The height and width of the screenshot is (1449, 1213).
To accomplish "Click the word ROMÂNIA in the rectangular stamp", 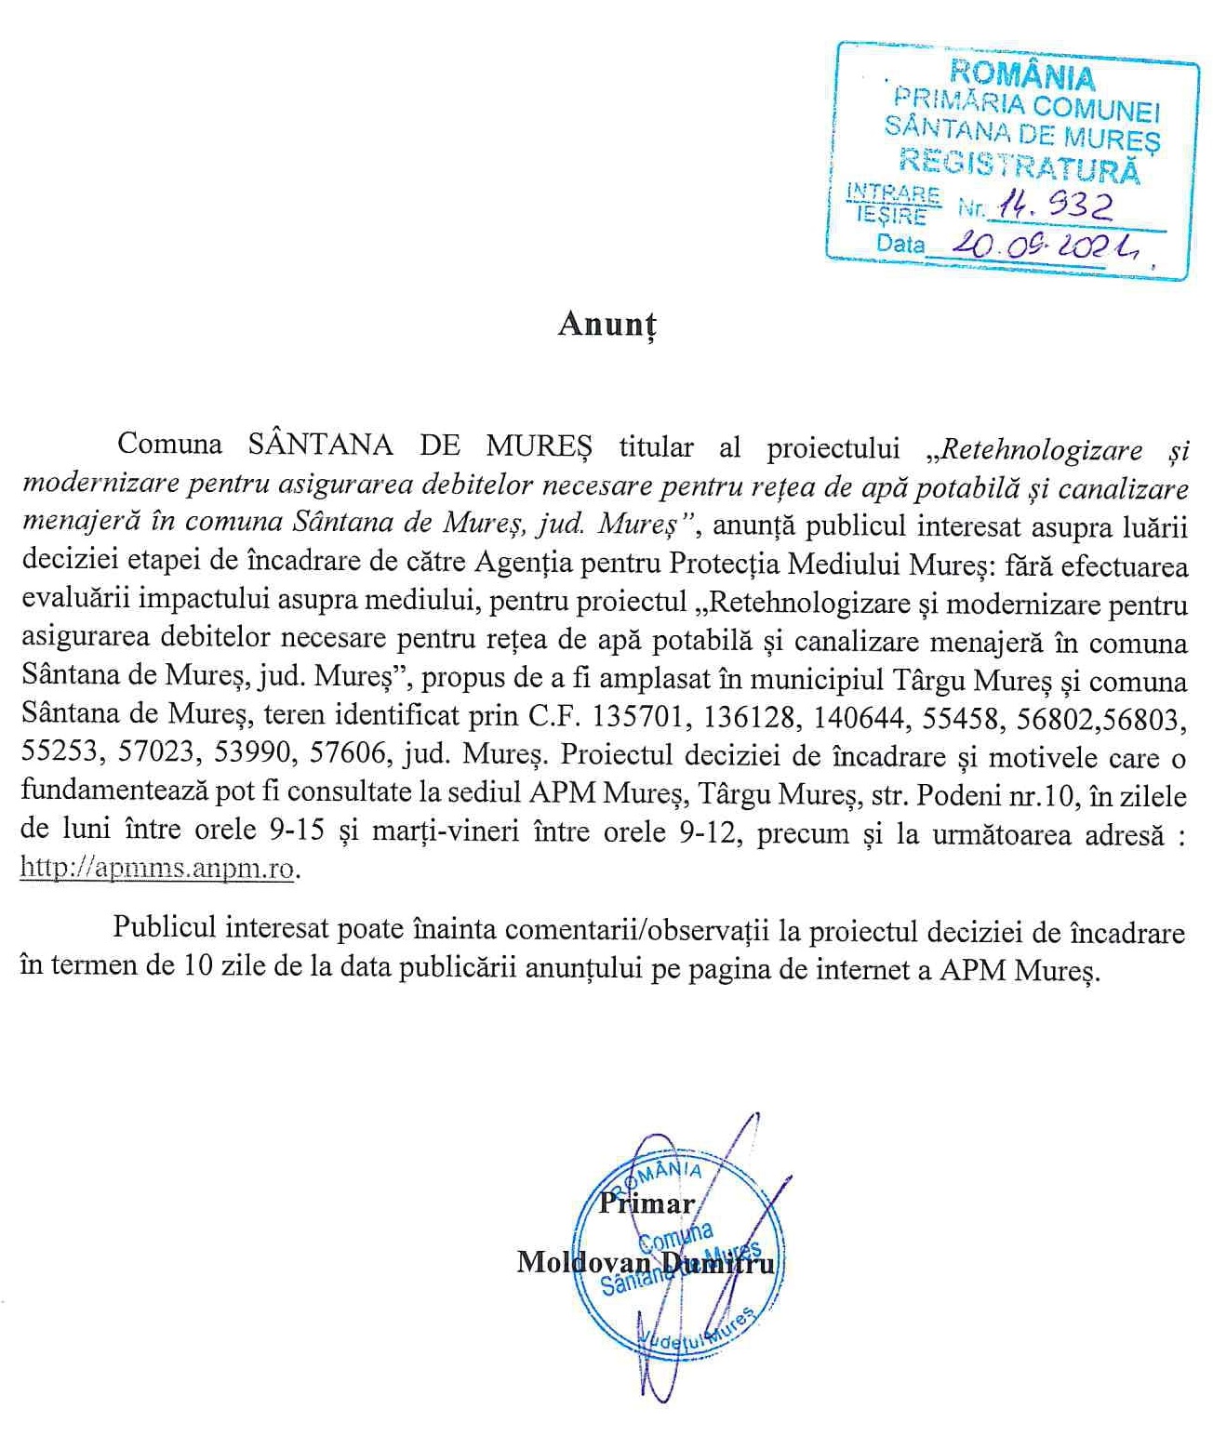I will [x=1021, y=73].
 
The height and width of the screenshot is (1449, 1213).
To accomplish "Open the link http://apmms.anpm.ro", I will [x=158, y=869].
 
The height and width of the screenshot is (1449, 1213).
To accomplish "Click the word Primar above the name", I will [x=646, y=1203].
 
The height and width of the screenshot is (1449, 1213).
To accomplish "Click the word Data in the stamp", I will [x=900, y=245].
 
